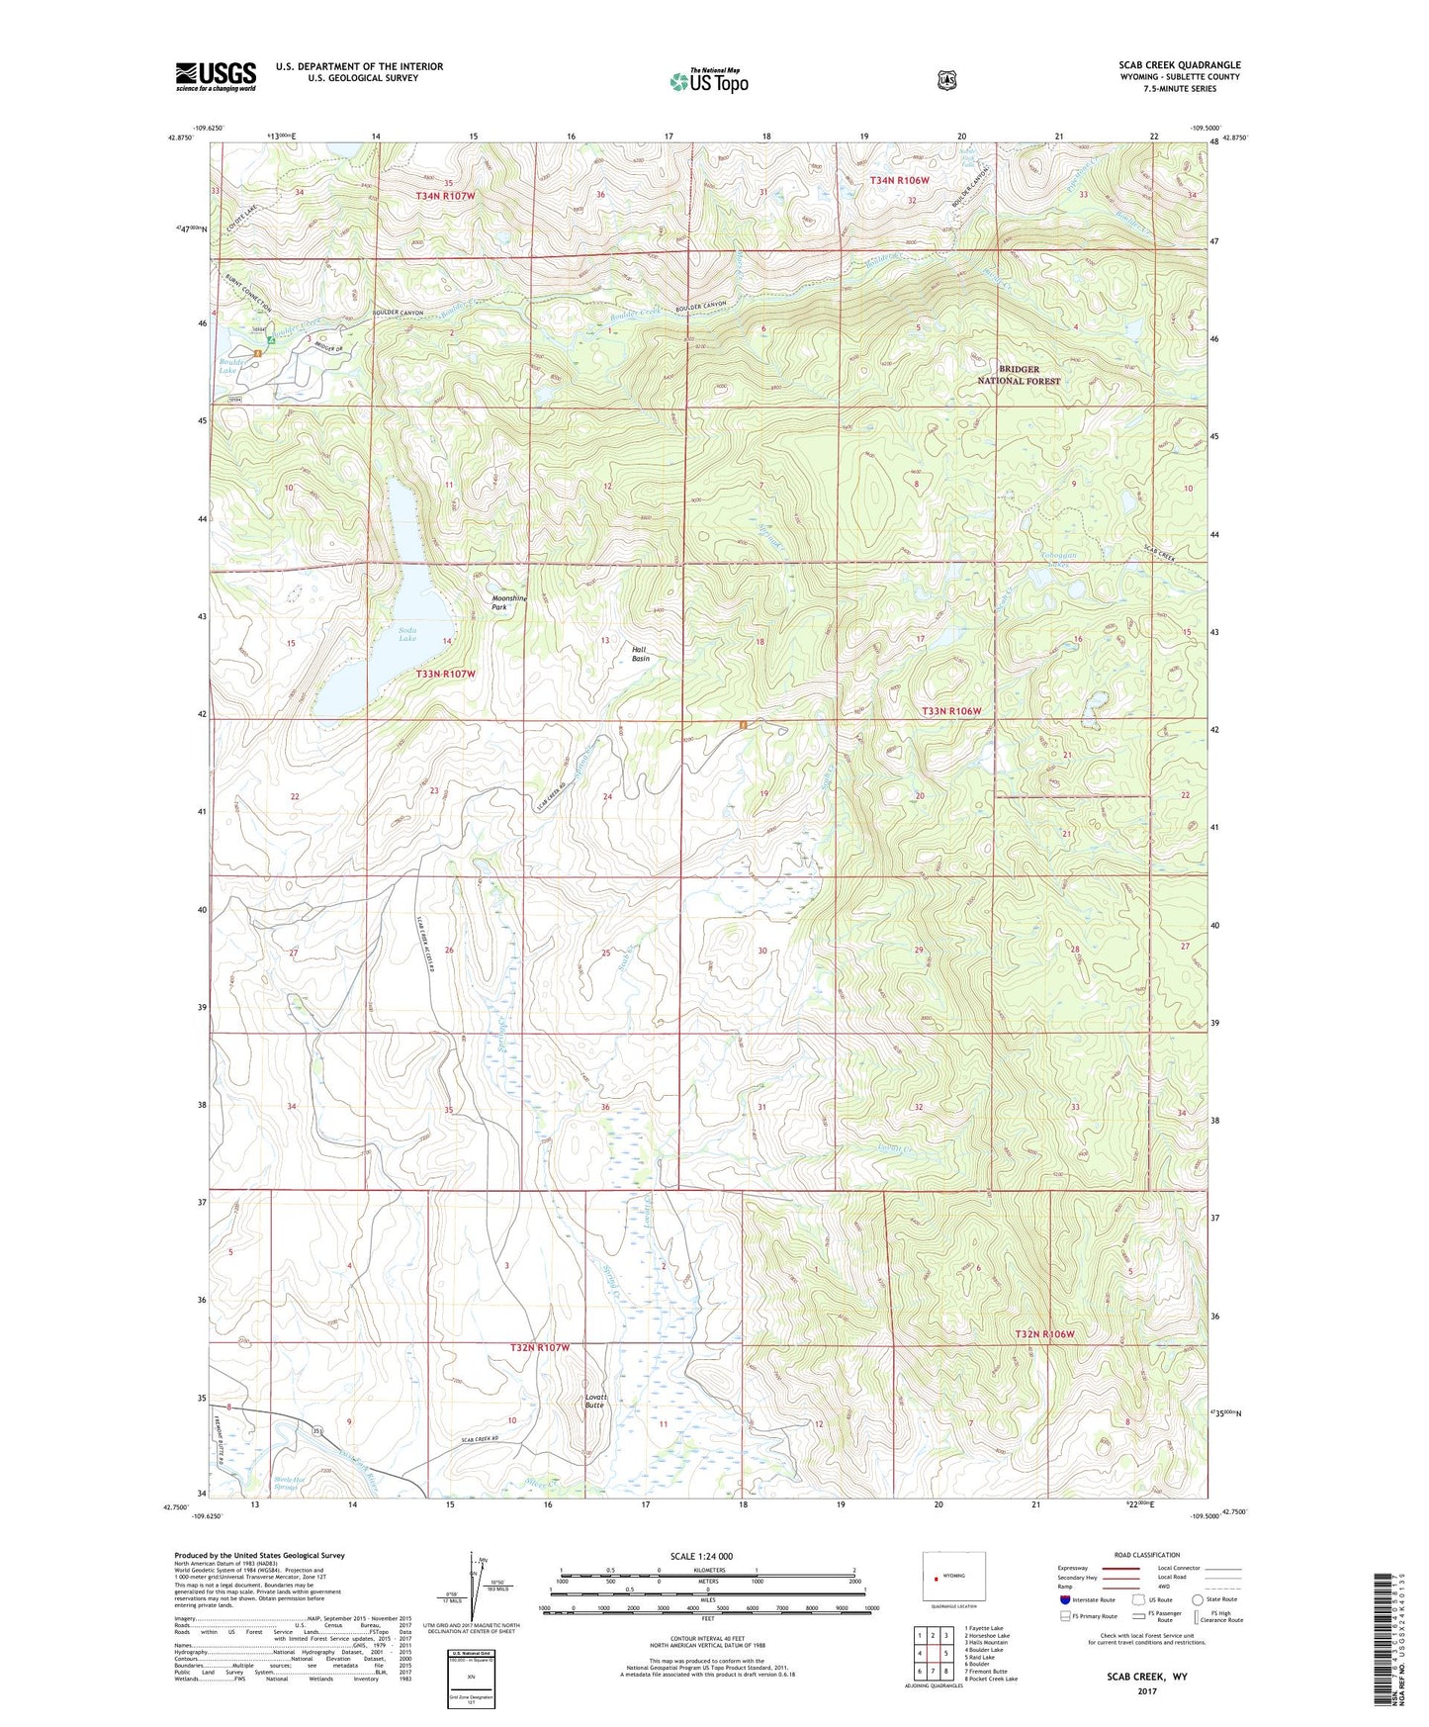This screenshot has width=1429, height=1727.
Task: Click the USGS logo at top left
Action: (216, 75)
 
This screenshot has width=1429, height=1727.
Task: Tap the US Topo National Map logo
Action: (708, 81)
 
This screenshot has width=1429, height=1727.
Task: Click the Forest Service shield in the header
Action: (946, 80)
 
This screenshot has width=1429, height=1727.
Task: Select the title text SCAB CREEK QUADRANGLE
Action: (1179, 64)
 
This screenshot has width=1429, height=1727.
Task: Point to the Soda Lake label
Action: (407, 634)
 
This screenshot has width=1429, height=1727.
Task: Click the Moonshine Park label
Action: (509, 602)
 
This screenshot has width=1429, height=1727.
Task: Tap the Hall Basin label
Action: (641, 653)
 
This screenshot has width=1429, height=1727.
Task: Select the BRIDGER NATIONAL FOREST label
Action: (1019, 375)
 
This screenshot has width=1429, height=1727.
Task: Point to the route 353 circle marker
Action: (318, 1431)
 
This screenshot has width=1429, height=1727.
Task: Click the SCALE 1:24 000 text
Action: (701, 1556)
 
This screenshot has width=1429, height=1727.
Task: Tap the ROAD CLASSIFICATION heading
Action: (1145, 1555)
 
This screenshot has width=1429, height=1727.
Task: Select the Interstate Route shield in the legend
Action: (1064, 1599)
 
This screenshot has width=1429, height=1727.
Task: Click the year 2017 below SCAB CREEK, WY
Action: (1147, 1691)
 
